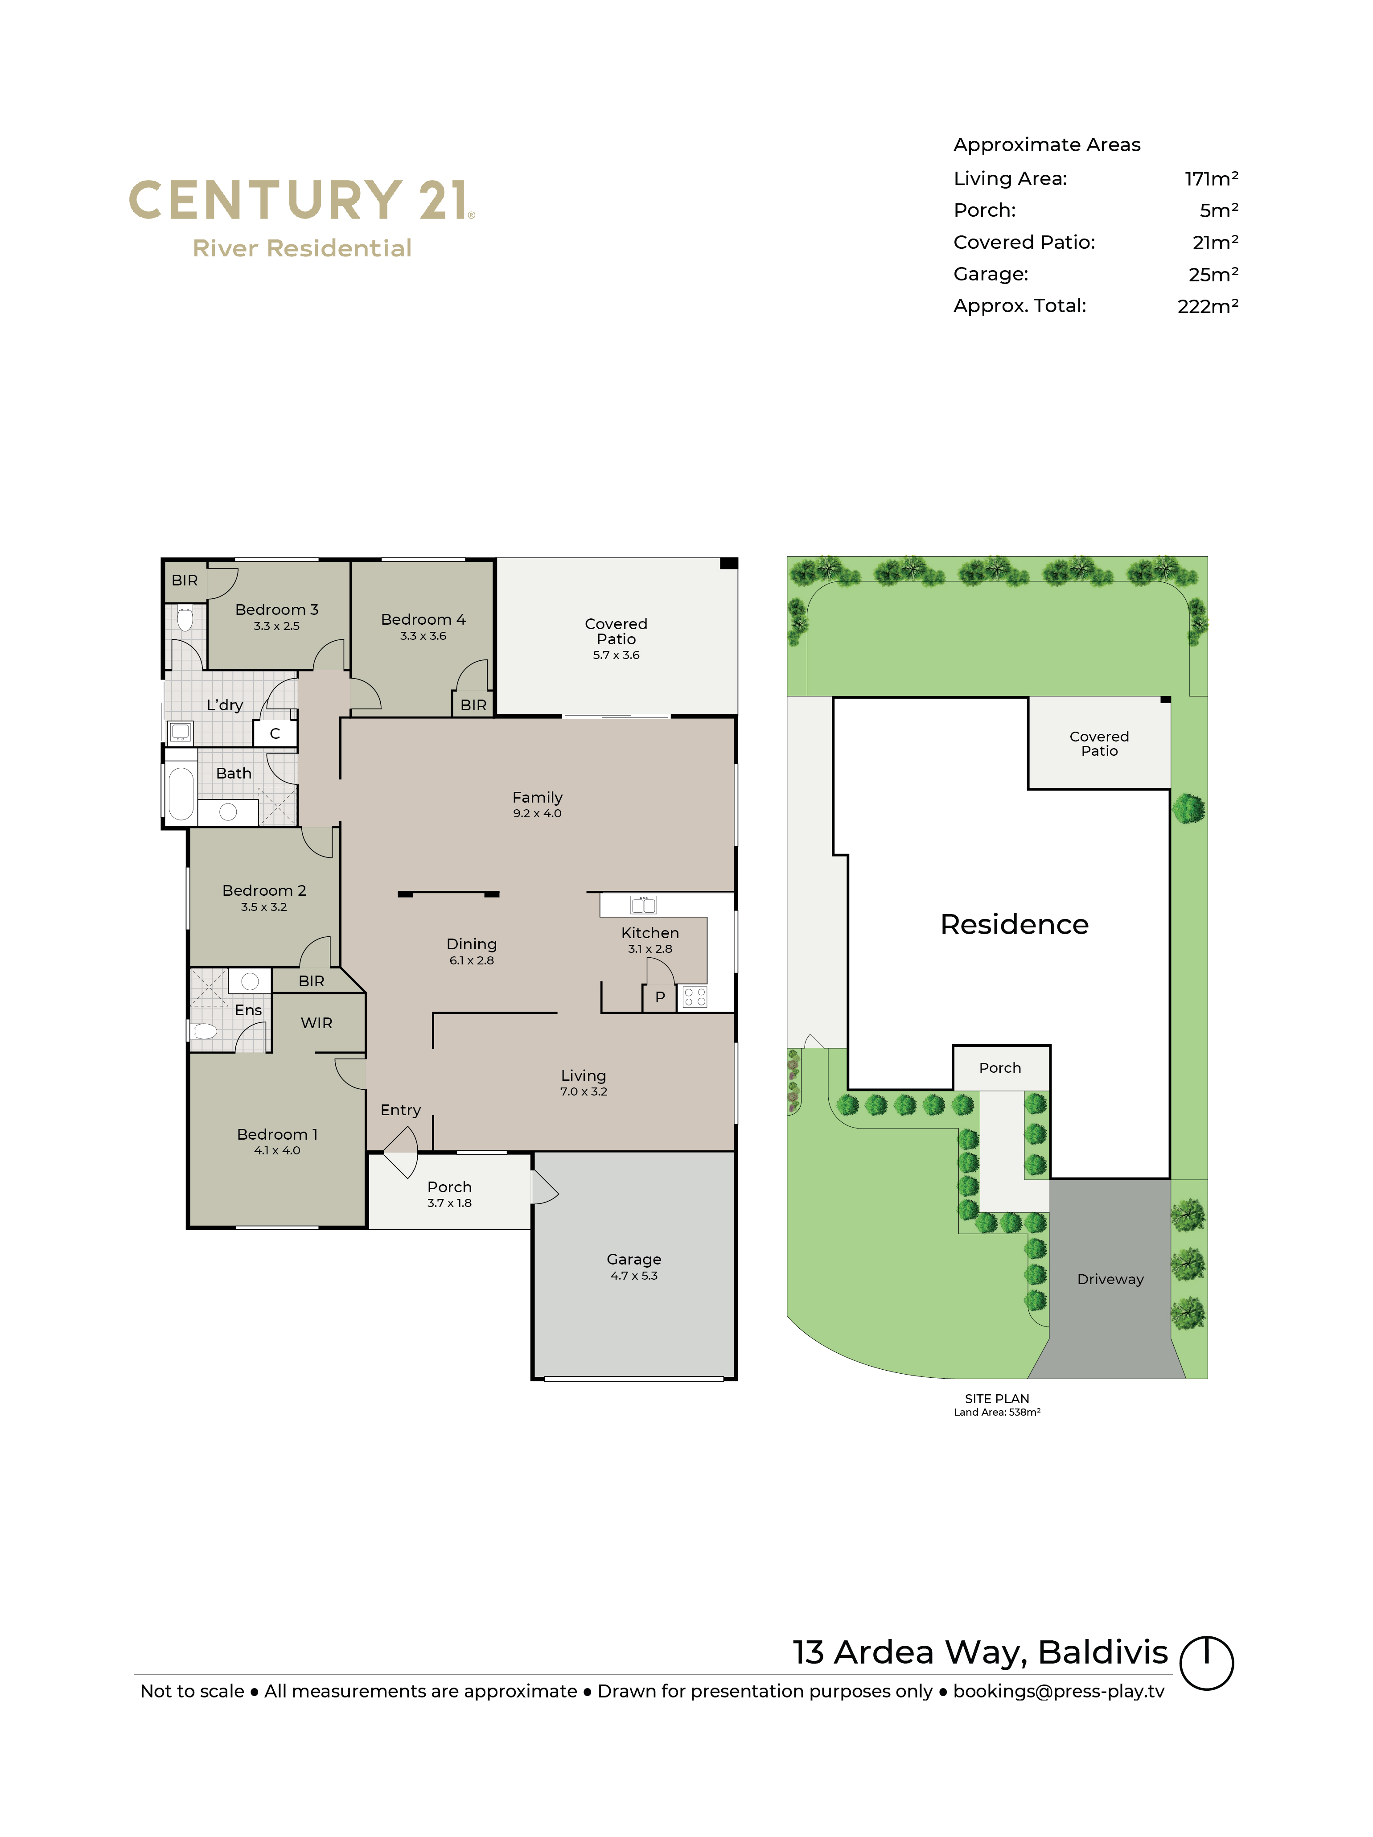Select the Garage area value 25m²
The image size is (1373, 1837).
tap(1213, 274)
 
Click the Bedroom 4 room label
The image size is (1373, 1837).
tap(423, 619)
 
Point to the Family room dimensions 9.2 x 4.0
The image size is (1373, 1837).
tap(537, 813)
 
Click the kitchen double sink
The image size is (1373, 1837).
tap(643, 904)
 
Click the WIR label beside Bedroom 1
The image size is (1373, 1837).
tap(316, 1023)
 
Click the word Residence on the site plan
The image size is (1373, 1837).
tap(1015, 924)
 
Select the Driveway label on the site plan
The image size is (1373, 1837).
tap(1110, 1279)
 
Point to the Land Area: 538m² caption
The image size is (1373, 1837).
tap(997, 1412)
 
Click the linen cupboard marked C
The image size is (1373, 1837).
tap(275, 733)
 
